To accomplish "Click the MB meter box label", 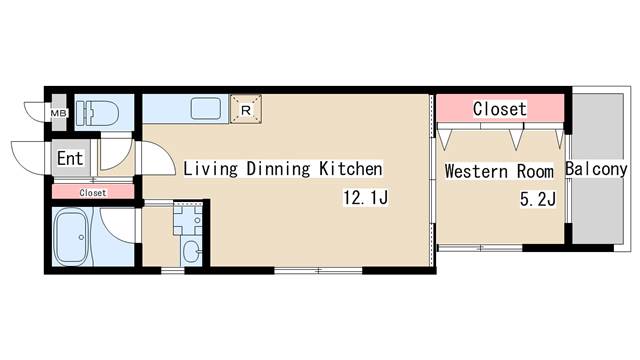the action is tap(58, 113).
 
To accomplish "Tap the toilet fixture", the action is tap(97, 112).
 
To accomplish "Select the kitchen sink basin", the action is tap(206, 109).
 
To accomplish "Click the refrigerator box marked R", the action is tap(246, 109).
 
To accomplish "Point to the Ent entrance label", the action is tap(70, 158).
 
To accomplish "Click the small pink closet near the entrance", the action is tap(93, 192).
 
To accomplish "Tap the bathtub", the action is tap(72, 237).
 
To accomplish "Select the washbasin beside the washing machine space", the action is tap(191, 252).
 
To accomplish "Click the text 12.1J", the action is tap(365, 198).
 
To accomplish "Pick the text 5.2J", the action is tap(538, 199).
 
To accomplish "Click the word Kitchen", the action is tap(351, 169).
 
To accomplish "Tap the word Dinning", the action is tap(278, 169).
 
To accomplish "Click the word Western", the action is tap(477, 171).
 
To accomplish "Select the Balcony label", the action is tap(596, 169).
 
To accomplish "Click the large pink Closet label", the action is tap(500, 109).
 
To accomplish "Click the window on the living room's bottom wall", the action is tap(318, 270).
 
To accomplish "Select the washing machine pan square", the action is tap(188, 219).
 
